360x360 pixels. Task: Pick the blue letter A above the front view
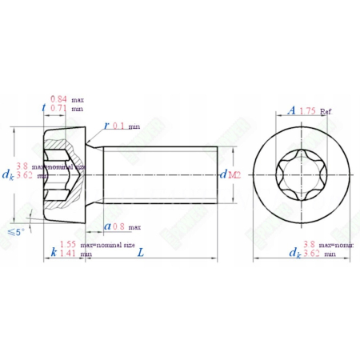292,110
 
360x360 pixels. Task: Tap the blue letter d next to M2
223,174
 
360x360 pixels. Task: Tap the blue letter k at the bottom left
53,253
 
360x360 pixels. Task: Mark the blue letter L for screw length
140,253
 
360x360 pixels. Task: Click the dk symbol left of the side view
7,174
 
